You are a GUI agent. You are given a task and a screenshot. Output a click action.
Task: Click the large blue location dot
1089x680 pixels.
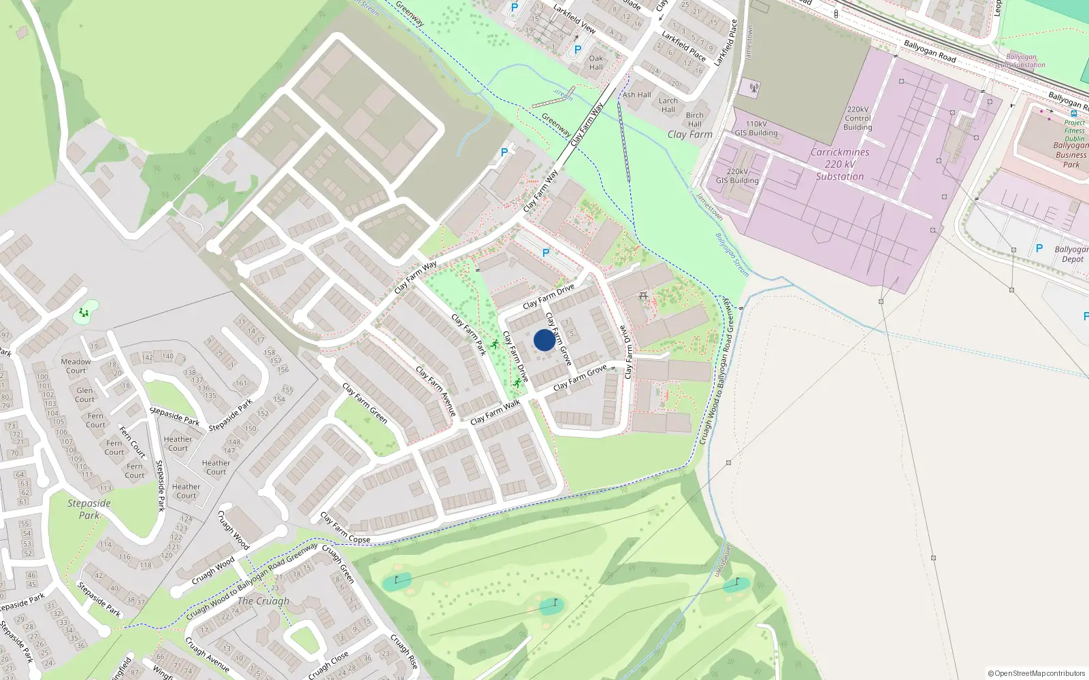544,340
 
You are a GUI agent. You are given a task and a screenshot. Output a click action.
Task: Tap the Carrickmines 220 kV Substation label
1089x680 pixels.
840,165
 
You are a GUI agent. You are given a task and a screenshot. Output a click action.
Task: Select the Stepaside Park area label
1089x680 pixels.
89,509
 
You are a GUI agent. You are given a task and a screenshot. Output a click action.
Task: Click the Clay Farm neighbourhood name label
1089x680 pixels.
689,135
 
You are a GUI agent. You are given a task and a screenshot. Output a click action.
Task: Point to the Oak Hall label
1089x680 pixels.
596,63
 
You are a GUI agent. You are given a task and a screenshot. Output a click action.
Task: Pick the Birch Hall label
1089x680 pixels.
694,120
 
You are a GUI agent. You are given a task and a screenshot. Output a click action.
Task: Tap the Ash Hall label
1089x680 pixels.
636,95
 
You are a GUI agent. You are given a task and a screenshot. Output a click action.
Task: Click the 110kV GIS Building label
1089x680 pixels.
755,129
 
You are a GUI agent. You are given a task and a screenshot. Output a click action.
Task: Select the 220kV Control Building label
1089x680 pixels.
858,118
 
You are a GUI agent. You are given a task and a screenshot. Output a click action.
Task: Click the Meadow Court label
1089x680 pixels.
76,366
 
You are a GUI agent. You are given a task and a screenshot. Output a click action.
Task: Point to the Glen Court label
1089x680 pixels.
85,395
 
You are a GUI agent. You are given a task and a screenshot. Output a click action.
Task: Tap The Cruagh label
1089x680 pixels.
263,601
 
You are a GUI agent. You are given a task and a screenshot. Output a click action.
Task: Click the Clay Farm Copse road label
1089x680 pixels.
346,528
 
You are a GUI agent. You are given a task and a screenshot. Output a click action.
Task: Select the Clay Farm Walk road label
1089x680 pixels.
495,412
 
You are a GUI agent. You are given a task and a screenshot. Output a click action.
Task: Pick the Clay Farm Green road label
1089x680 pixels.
365,403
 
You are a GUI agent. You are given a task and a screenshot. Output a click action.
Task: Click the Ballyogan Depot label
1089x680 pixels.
1071,254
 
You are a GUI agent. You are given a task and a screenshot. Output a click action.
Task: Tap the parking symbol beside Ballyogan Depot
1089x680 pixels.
1039,249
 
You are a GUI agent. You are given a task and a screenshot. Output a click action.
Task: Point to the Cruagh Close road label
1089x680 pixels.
328,665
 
